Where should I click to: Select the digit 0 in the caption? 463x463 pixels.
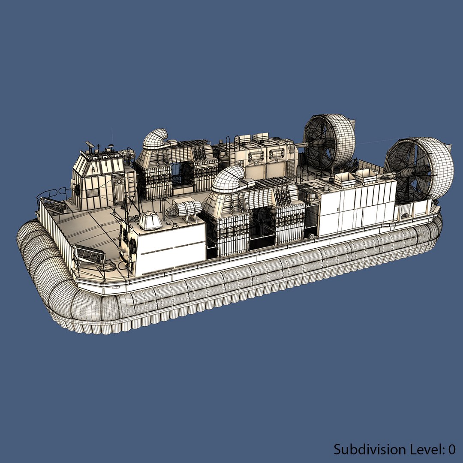[451, 449]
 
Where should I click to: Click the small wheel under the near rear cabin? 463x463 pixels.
[311, 236]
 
